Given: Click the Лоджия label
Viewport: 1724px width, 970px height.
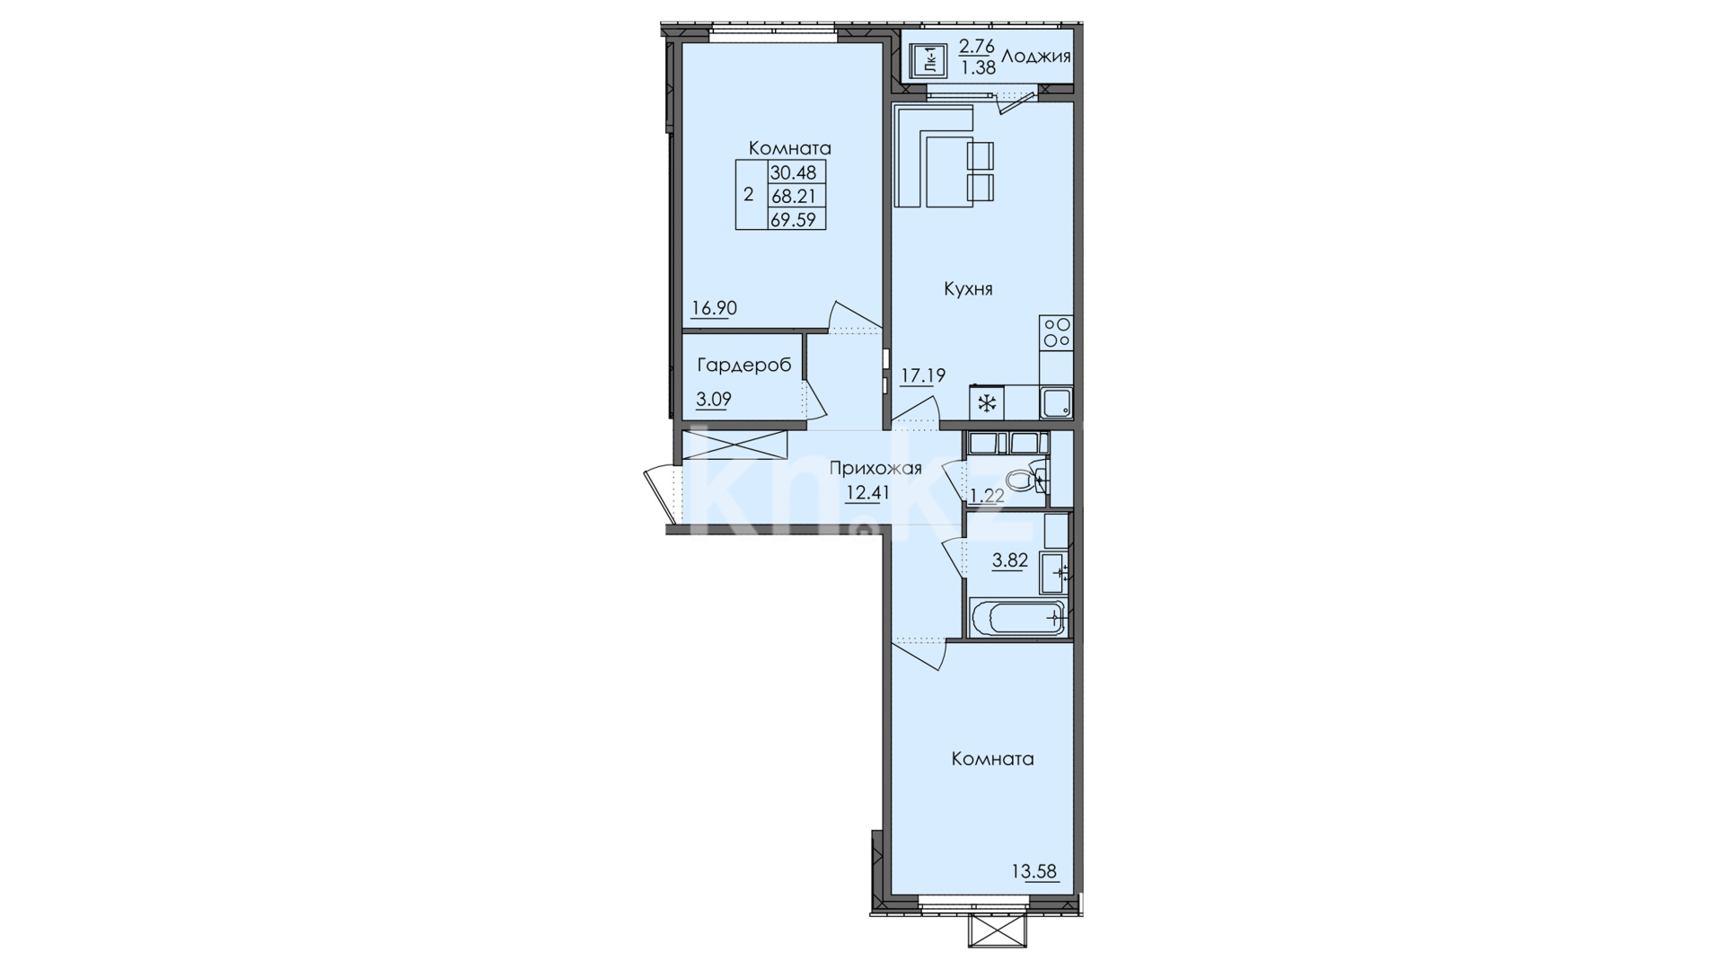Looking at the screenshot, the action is click(1036, 57).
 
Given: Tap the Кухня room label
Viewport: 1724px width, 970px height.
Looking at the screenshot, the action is click(968, 289).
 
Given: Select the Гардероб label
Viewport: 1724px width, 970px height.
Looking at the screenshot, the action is click(744, 365).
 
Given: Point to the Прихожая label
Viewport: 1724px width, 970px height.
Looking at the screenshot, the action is click(875, 468).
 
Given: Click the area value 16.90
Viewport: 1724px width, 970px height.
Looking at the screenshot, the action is click(714, 308).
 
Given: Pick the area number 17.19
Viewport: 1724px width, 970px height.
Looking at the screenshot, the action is click(923, 375).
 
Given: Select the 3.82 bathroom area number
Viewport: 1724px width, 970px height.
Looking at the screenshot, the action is click(1009, 560).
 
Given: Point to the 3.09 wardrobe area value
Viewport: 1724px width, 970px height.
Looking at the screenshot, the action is click(714, 399).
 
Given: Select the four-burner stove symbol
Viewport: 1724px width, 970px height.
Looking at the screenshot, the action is click(1056, 332).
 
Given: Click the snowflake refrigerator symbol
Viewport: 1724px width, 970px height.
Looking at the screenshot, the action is click(987, 403).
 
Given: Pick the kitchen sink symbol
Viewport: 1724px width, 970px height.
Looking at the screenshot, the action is click(1056, 403).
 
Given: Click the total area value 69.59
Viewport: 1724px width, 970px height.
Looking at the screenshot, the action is click(797, 218).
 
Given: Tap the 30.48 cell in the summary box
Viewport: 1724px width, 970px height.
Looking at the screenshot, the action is click(797, 172).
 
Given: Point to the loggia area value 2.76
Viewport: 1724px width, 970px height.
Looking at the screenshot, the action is click(977, 47).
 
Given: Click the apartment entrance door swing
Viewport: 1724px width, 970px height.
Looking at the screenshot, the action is click(662, 493).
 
